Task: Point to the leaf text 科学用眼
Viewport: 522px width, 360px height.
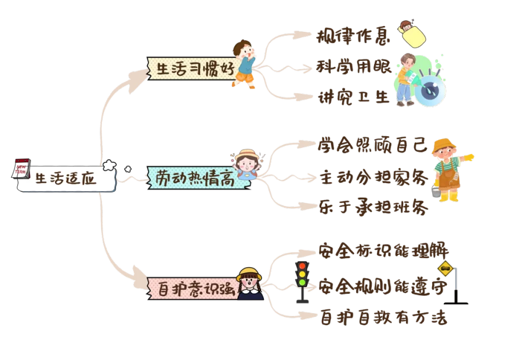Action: click(354, 67)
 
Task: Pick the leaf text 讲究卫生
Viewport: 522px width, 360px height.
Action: click(354, 97)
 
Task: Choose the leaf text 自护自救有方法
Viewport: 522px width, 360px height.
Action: click(385, 318)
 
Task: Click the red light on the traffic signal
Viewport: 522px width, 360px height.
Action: click(302, 265)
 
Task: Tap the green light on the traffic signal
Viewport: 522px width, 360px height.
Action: click(302, 283)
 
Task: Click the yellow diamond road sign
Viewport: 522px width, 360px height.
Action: click(445, 268)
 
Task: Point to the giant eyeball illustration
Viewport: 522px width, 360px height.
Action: click(430, 89)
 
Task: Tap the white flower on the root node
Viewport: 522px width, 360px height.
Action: click(108, 166)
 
